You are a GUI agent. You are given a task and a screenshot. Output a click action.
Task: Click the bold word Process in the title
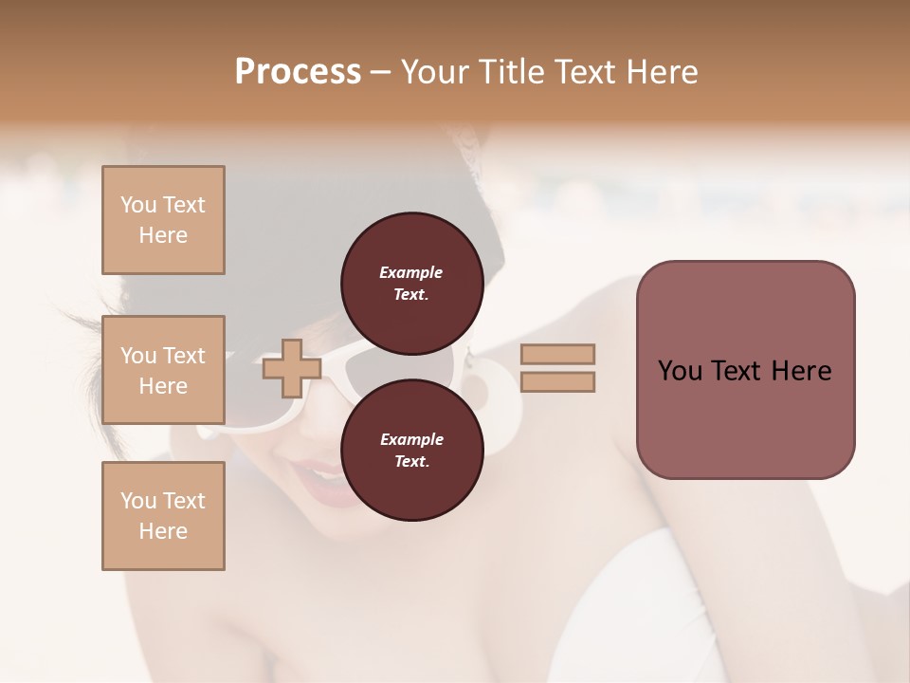(298, 71)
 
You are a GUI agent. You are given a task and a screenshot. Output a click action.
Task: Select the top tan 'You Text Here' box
(163, 220)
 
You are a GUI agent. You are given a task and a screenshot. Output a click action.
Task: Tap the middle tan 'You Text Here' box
(163, 370)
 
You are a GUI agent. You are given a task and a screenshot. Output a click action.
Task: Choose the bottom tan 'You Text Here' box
(163, 516)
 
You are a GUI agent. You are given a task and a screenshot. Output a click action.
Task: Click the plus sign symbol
(292, 368)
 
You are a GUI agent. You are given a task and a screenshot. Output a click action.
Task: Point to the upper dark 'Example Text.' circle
(411, 283)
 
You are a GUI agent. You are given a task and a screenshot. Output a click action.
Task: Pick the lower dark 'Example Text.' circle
(411, 450)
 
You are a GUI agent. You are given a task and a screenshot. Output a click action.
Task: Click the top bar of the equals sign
(557, 355)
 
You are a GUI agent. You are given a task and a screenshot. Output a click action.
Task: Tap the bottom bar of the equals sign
(557, 381)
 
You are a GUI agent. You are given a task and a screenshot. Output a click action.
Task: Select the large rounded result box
(745, 370)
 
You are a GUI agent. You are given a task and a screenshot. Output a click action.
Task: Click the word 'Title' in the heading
(512, 71)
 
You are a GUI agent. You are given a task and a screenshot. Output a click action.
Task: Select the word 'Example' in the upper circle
(411, 272)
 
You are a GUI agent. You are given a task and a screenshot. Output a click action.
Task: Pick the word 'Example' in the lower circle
(411, 439)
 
